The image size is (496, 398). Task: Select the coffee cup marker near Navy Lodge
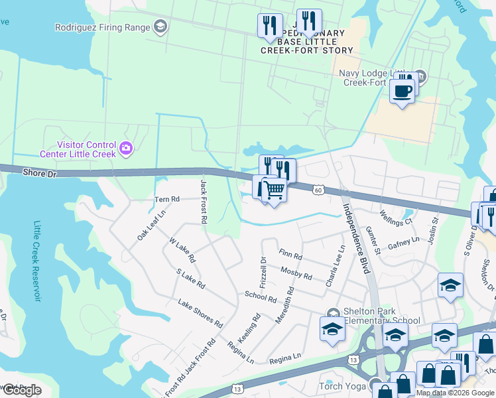coord(402,92)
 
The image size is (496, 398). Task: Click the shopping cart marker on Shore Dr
coord(274,191)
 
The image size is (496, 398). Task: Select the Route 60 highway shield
coord(319,190)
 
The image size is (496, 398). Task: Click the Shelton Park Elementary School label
coord(381,316)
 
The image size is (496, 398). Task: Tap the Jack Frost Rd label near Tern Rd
coord(204,200)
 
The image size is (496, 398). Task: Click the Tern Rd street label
coord(166,199)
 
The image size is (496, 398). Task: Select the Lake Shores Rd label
coord(200,312)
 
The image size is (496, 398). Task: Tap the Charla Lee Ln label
coord(336,265)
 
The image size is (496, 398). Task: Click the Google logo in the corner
coord(22,390)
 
